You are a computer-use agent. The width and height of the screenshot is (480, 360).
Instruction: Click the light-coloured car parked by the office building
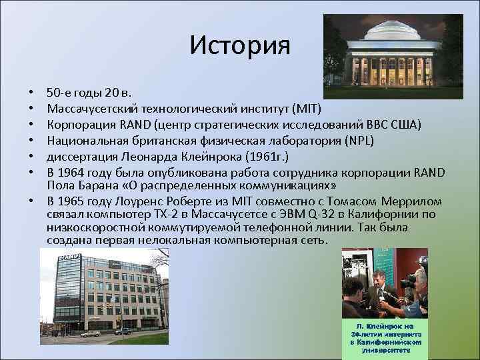pyautogui.click(x=89, y=333)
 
